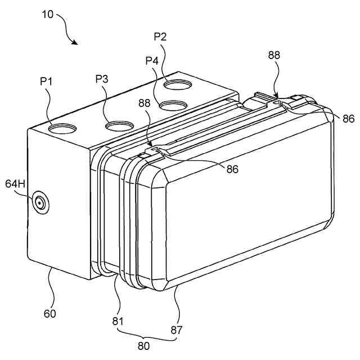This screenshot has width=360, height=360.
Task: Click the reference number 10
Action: [48, 15]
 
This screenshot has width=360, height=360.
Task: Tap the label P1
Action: [46, 82]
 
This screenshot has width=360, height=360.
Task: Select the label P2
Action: [161, 37]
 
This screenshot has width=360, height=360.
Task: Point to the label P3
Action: [101, 78]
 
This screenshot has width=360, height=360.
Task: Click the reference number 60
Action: [50, 313]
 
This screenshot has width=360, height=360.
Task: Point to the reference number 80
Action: [144, 346]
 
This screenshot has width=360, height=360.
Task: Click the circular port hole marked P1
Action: [61, 128]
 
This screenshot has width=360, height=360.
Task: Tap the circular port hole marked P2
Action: [178, 85]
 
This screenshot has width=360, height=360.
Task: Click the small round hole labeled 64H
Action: [40, 202]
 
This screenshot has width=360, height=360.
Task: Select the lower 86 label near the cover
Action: [231, 168]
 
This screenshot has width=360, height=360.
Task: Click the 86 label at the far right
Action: [348, 119]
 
